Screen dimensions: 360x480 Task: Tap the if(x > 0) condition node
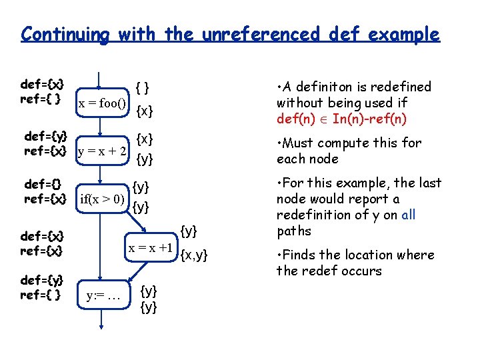(x=103, y=198)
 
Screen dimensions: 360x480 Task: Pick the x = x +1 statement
(x=151, y=247)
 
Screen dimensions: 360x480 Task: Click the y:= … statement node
(x=103, y=295)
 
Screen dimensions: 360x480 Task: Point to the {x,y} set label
(x=195, y=253)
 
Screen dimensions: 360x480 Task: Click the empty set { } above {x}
(x=142, y=87)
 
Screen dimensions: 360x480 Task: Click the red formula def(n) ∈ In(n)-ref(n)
(x=341, y=119)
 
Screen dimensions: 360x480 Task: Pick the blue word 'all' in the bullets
(x=408, y=215)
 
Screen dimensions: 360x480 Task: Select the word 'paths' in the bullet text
(x=293, y=231)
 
